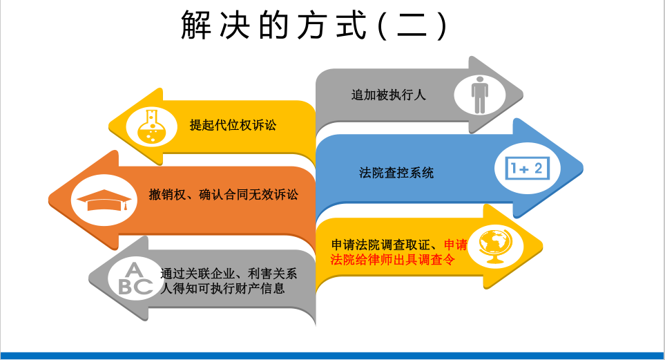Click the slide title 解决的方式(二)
coord(314,26)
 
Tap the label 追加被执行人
coord(388,95)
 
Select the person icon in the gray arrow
coord(480,95)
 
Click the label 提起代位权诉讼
coord(233,125)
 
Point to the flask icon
coord(151,126)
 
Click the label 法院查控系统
coord(396,173)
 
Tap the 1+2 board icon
coord(527,169)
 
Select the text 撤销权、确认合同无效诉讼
coord(224,194)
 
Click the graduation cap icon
coord(104,200)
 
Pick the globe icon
coord(495,246)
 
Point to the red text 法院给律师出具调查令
coord(393,259)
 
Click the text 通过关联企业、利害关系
coord(229,274)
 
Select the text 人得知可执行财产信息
coord(222,289)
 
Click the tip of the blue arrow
coord(583,168)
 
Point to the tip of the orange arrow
coord(49,200)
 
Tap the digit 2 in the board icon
coord(538,169)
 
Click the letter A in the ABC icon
coord(135,270)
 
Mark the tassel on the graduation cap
coord(126,205)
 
